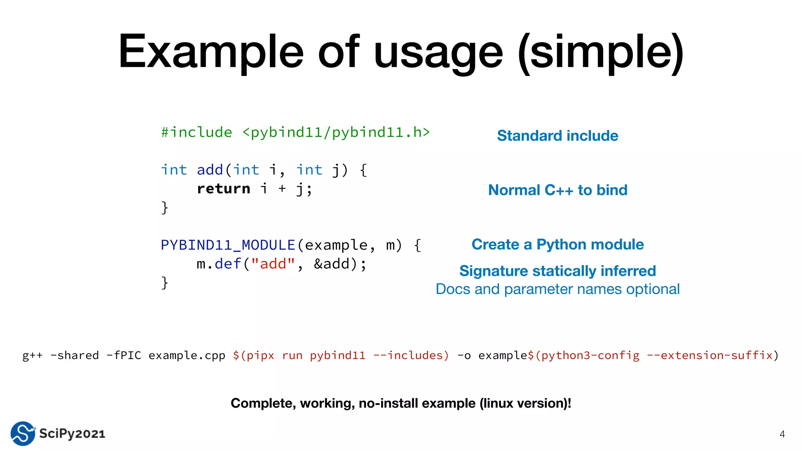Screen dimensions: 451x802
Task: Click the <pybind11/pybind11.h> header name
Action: [336, 132]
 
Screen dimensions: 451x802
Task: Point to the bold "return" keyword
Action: [223, 189]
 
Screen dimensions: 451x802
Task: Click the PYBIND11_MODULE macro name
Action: [228, 245]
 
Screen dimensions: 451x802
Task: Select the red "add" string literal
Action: [273, 264]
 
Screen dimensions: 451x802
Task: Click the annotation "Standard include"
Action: [557, 136]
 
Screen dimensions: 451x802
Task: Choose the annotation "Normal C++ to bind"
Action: [557, 190]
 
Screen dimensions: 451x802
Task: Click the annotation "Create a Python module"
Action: [557, 245]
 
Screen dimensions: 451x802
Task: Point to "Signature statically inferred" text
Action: [557, 271]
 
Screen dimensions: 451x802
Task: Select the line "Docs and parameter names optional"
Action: [557, 289]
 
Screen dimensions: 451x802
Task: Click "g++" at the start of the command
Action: [32, 355]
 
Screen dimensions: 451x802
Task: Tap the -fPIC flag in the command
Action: [124, 355]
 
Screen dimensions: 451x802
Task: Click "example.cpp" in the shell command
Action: [187, 355]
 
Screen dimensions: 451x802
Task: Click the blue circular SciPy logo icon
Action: [23, 433]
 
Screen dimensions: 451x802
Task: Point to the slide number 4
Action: [782, 434]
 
